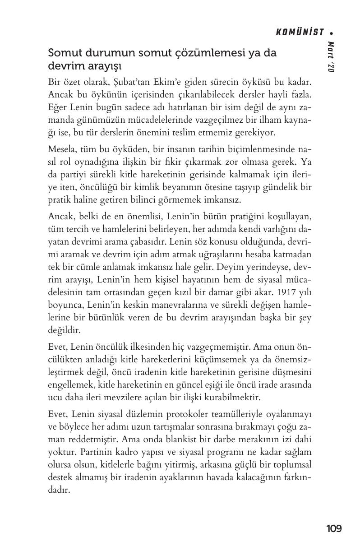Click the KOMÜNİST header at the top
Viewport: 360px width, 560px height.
[300, 32]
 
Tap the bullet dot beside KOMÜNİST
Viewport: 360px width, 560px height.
[332, 32]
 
